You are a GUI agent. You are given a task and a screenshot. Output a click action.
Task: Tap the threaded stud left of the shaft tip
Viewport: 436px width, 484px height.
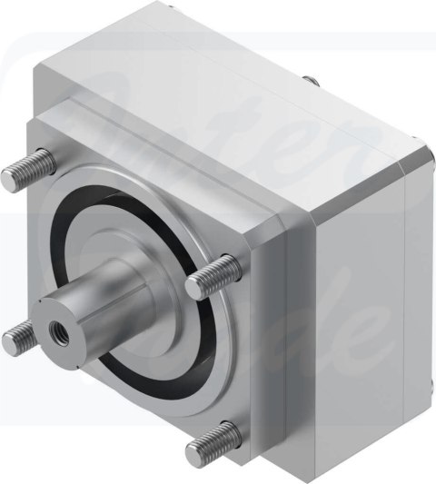point(17,340)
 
